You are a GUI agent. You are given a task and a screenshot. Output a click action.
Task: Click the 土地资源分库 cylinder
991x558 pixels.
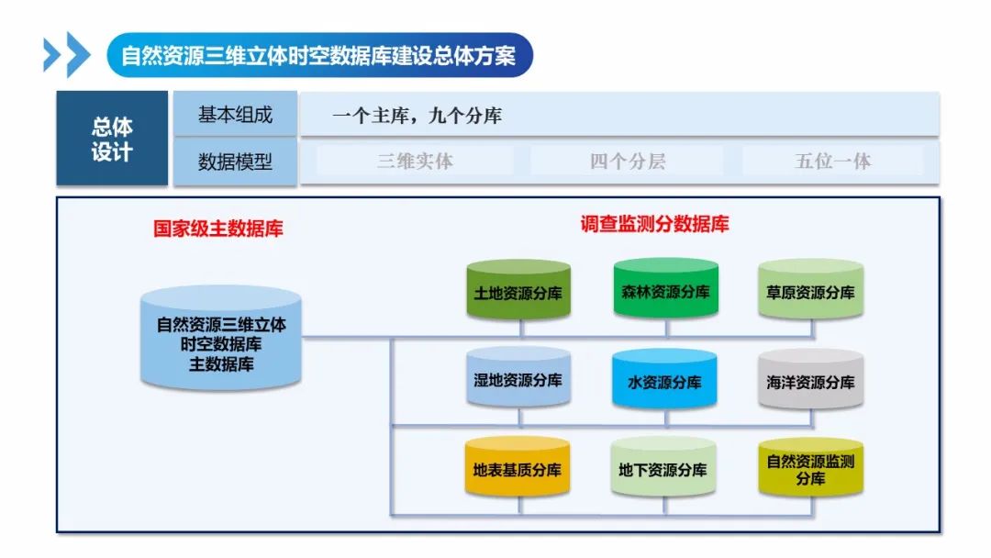pyautogui.click(x=518, y=291)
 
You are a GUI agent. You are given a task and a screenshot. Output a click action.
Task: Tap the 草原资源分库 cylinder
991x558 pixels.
pyautogui.click(x=810, y=291)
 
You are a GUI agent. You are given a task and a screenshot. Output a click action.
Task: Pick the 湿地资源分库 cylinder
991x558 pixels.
pyautogui.click(x=518, y=379)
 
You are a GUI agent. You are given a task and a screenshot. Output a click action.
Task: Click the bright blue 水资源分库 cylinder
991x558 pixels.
pyautogui.click(x=665, y=380)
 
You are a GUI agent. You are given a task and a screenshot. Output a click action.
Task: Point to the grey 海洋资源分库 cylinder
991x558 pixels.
pyautogui.click(x=810, y=380)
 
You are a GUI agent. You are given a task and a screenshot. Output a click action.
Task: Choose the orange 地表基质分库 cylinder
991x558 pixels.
pyautogui.click(x=518, y=468)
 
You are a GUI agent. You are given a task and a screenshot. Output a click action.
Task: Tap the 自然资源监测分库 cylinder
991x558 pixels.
pyautogui.click(x=810, y=468)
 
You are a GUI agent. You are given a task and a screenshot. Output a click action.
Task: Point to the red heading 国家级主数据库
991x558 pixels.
pyautogui.click(x=218, y=229)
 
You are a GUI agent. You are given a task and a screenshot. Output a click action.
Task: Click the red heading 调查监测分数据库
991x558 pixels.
pyautogui.click(x=654, y=224)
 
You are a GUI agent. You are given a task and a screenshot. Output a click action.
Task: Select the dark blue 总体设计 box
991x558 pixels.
pyautogui.click(x=112, y=139)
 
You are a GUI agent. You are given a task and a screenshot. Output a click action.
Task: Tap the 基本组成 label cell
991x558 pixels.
pyautogui.click(x=235, y=115)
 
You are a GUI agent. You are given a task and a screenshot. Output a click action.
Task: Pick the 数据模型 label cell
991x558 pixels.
pyautogui.click(x=235, y=162)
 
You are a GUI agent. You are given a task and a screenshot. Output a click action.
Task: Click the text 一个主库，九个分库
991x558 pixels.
pyautogui.click(x=417, y=116)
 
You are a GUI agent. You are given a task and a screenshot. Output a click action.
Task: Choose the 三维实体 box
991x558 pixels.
pyautogui.click(x=415, y=162)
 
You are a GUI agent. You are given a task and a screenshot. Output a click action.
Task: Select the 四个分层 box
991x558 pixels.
pyautogui.click(x=627, y=162)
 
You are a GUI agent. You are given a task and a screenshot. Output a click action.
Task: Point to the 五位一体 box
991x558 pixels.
pyautogui.click(x=832, y=162)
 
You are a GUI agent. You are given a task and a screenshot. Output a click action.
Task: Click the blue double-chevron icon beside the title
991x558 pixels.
pyautogui.click(x=67, y=55)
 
